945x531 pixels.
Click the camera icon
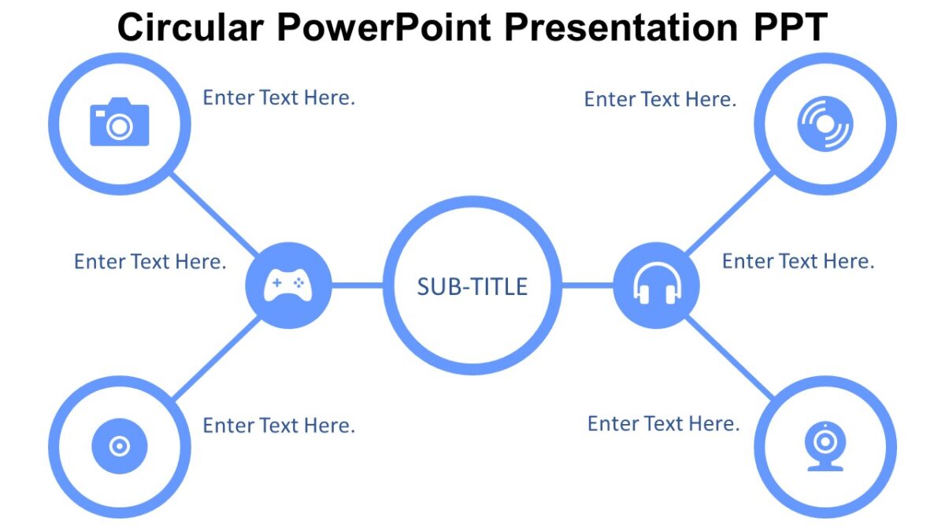[x=119, y=123]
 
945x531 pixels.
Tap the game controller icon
[x=288, y=285]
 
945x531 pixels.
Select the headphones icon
[x=657, y=285]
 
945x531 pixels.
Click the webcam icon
[x=825, y=447]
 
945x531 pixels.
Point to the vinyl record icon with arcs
[x=825, y=124]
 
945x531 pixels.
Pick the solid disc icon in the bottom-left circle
[x=119, y=447]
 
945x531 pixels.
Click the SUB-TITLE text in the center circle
[x=472, y=286]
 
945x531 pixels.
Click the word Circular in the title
[x=191, y=28]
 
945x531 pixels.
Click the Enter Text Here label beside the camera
[x=279, y=98]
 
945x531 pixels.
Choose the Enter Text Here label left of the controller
[x=150, y=261]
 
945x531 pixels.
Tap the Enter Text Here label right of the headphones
[x=798, y=261]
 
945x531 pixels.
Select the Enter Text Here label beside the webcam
[x=663, y=424]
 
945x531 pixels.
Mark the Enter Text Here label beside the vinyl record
[x=660, y=99]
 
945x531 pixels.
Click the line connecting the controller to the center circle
[x=358, y=285]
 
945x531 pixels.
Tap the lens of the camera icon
[x=119, y=127]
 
